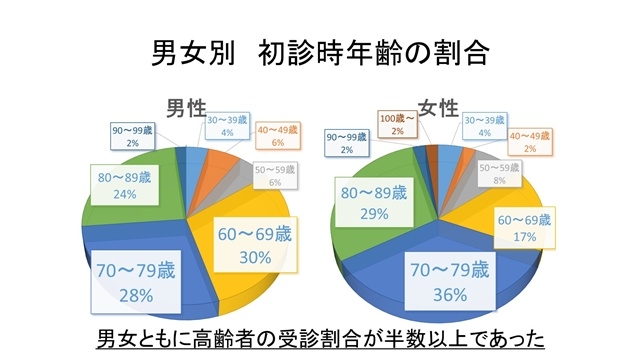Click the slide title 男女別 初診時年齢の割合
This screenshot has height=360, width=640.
tap(319, 52)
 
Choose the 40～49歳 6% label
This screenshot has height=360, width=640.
tap(279, 137)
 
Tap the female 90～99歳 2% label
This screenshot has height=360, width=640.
tap(347, 143)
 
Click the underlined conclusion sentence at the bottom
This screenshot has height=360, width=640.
tap(319, 335)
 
